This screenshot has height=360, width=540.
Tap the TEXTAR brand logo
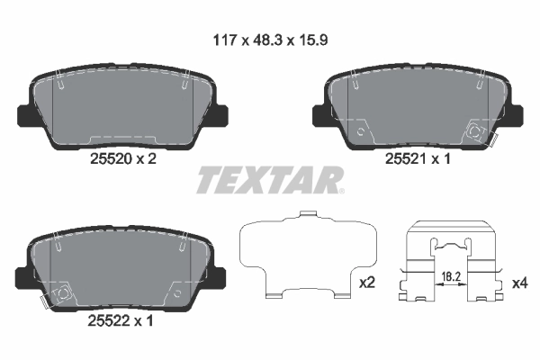pos(270,180)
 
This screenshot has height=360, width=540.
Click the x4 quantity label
pos(519,282)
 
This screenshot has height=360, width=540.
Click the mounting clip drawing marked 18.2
pos(452,261)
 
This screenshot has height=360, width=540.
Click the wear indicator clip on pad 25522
pos(60,295)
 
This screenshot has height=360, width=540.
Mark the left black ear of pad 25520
pos(26,115)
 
